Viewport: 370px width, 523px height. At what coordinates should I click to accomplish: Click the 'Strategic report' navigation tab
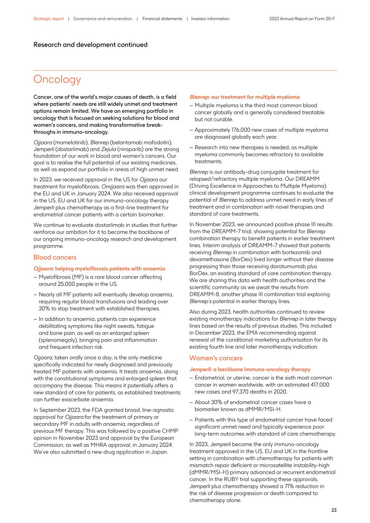[x=48, y=19]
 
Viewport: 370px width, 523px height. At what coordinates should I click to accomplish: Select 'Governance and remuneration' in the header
[x=102, y=19]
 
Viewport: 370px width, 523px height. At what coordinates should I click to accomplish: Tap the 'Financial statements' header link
[x=162, y=19]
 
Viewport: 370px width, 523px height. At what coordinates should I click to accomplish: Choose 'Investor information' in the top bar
[x=210, y=19]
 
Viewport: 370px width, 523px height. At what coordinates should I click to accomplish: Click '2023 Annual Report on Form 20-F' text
[x=302, y=19]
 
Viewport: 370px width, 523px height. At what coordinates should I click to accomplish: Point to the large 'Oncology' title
[x=57, y=79]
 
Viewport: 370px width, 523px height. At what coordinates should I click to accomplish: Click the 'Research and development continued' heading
[x=90, y=45]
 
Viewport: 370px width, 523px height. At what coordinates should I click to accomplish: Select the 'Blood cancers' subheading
[x=55, y=257]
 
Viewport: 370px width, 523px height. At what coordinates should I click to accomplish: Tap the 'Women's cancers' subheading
[x=216, y=358]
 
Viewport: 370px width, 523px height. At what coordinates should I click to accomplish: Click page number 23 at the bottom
[x=334, y=510]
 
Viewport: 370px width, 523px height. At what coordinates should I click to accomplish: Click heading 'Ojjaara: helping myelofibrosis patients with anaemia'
[x=99, y=269]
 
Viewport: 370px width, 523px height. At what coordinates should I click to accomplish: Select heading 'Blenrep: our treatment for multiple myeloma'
[x=244, y=97]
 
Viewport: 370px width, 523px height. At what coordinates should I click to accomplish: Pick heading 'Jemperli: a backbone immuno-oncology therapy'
[x=250, y=369]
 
